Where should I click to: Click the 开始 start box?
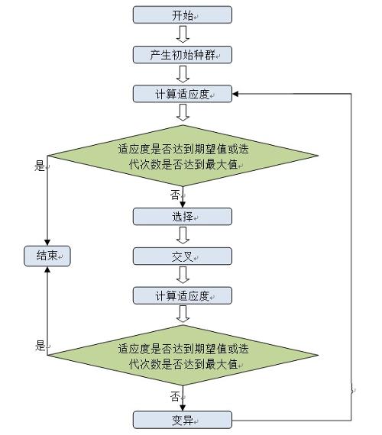(182, 14)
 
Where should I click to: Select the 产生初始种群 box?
(182, 54)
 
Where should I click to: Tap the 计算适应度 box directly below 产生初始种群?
(182, 94)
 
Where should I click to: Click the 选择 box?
(182, 216)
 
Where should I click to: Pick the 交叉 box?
(182, 256)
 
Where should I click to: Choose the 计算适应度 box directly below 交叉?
(182, 295)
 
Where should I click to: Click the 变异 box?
(182, 419)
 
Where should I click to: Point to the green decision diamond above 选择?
(182, 156)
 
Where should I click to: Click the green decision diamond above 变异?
(182, 356)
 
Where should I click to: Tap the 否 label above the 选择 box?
(174, 196)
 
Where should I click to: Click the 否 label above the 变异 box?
(175, 397)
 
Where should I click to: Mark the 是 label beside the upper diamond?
(40, 166)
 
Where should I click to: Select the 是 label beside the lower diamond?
(40, 346)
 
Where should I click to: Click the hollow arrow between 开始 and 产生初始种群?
(182, 34)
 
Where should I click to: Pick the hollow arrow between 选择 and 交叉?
(182, 236)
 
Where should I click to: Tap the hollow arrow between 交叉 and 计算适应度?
(182, 275)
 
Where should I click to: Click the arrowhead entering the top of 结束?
(47, 243)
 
